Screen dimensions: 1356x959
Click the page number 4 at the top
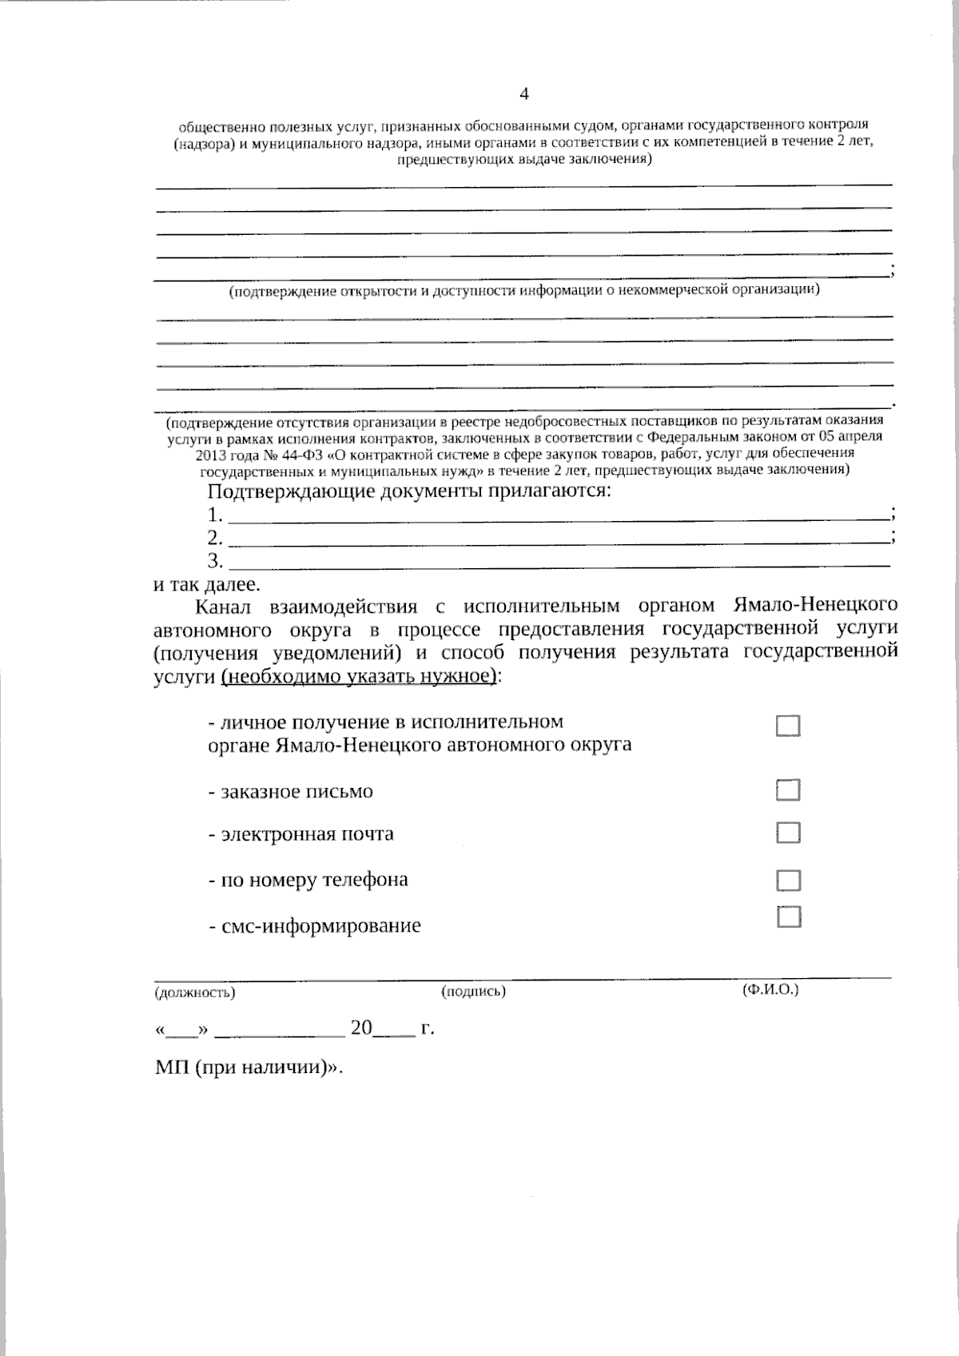click(524, 94)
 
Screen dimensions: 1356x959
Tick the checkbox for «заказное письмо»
click(788, 790)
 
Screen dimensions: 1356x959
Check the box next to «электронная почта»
click(788, 833)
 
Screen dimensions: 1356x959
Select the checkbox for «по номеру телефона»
click(788, 881)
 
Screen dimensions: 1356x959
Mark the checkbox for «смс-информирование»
click(789, 917)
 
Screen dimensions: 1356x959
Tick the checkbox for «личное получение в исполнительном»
click(788, 726)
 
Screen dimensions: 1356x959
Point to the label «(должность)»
click(194, 992)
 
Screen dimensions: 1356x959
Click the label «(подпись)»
click(473, 992)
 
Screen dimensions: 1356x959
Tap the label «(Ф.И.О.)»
click(770, 989)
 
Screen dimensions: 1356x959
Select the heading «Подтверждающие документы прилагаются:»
click(408, 490)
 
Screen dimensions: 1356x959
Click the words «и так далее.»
click(206, 583)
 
